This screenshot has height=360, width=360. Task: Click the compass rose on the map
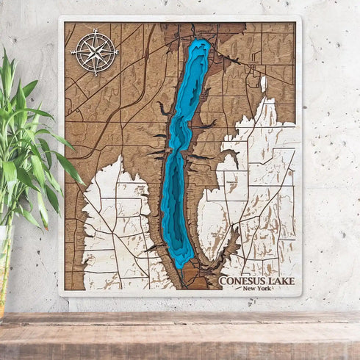coord(94,51)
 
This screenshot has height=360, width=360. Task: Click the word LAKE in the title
coord(281,280)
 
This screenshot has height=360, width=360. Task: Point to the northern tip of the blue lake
coord(199,41)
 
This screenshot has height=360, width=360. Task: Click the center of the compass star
coord(94,51)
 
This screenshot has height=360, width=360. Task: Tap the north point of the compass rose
coord(94,31)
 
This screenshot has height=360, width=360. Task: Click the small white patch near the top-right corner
coord(264,84)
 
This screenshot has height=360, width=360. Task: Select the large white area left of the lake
coord(118,220)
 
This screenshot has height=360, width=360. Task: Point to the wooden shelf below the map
coord(180,334)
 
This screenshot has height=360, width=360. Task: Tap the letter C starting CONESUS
coord(223,280)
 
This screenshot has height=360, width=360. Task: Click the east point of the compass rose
coord(117,51)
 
